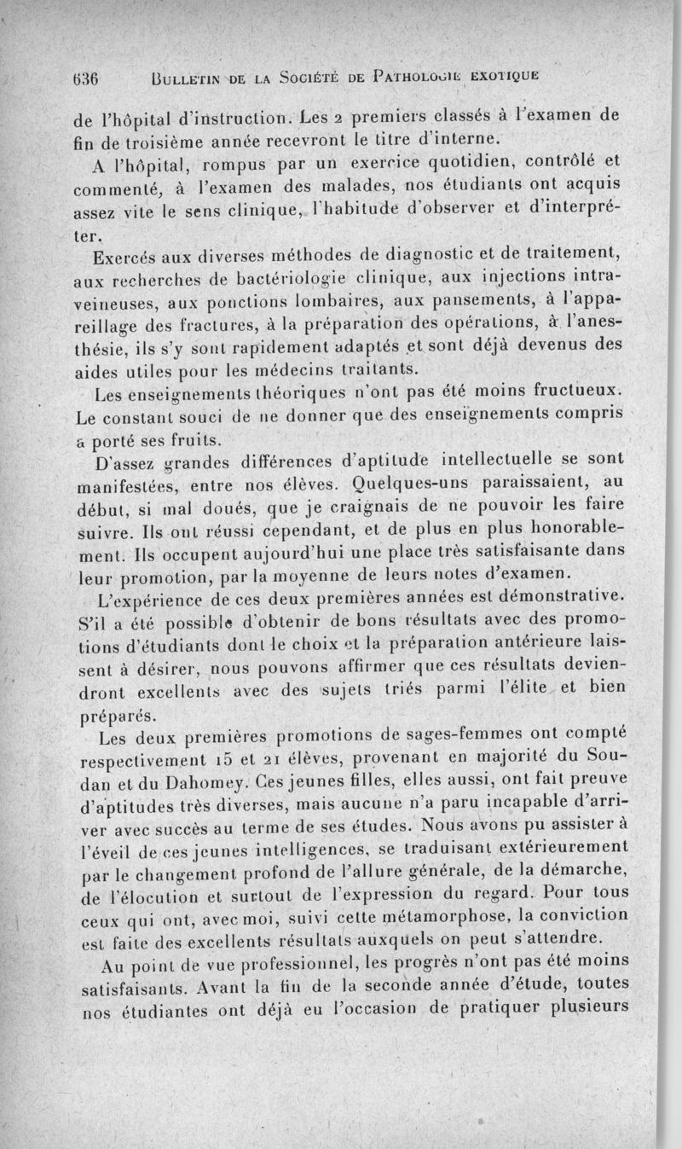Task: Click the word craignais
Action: pos(382,514)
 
